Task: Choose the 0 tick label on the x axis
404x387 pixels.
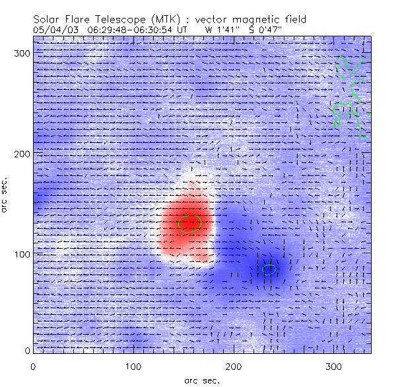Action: coord(33,366)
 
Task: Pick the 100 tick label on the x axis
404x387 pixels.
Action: coord(133,366)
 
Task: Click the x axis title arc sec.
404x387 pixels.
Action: coord(201,380)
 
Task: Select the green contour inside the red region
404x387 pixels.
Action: coord(189,223)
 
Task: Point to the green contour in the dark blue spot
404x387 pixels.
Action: coord(268,269)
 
